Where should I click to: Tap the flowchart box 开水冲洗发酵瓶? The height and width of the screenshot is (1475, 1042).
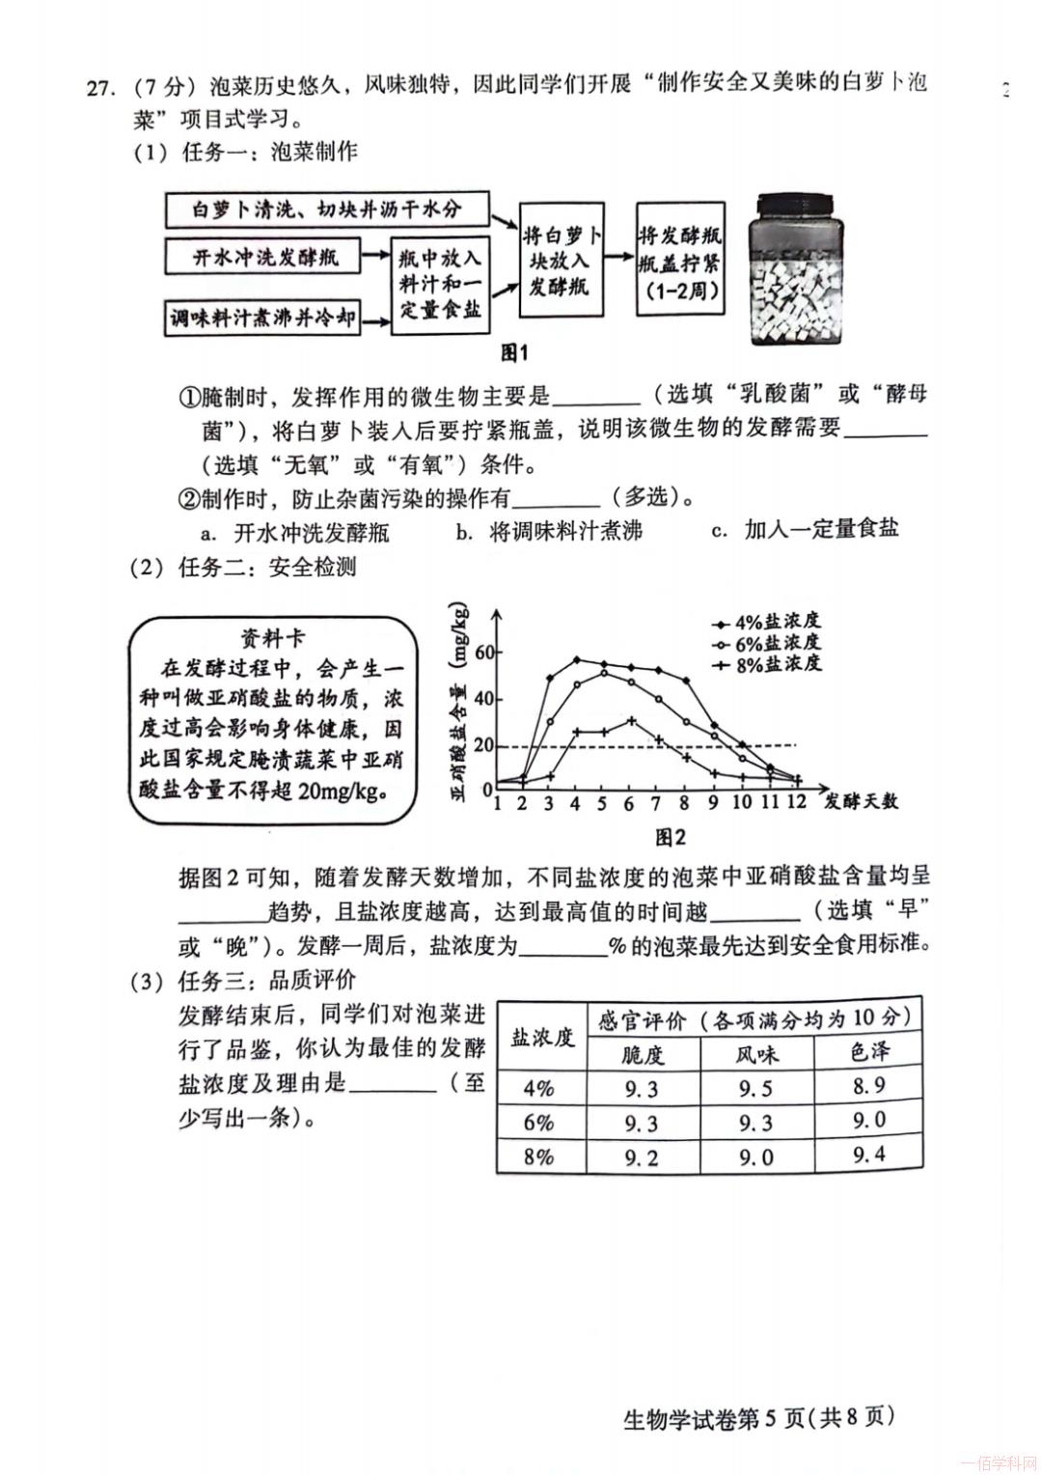(x=262, y=258)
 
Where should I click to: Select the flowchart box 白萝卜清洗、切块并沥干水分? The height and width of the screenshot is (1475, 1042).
(x=327, y=209)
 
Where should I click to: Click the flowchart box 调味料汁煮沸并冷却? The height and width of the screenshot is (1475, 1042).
(x=263, y=317)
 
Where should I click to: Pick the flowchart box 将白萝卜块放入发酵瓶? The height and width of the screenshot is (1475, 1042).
(x=562, y=261)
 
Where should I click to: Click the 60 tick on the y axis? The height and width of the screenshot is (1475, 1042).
(x=482, y=653)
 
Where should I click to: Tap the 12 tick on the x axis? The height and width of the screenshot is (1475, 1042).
(x=796, y=803)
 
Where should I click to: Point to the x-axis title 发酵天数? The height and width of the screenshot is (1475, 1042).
(x=861, y=801)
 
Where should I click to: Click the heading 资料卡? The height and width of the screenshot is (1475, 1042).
(x=272, y=638)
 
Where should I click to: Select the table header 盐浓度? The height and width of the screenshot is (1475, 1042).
(x=541, y=1038)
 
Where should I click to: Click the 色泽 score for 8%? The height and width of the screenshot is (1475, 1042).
(x=868, y=1155)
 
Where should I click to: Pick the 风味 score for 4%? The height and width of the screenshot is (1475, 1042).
(x=755, y=1088)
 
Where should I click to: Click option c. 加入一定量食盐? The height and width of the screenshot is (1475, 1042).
(x=805, y=529)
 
